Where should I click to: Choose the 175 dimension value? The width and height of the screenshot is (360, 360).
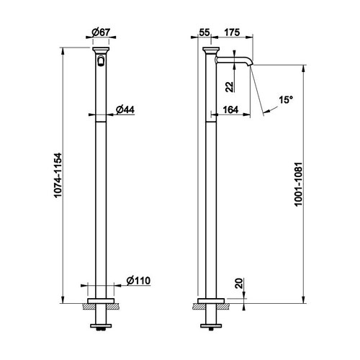click(232, 33)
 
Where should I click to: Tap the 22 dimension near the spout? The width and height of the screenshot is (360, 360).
click(228, 86)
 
